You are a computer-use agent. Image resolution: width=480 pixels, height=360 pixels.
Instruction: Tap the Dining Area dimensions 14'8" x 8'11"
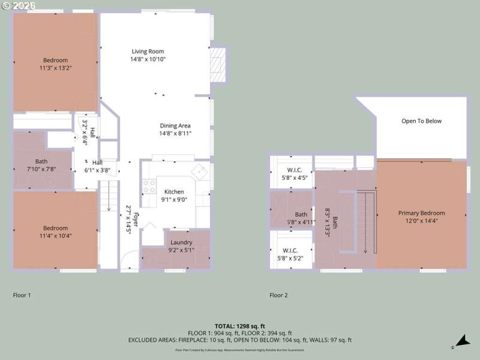pos(175,133)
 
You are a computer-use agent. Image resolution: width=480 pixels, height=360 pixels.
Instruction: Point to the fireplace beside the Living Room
pos(218,64)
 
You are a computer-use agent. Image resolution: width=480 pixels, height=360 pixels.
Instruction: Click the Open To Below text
pos(421,121)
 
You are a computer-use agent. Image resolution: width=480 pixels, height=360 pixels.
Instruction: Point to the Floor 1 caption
pos(22,295)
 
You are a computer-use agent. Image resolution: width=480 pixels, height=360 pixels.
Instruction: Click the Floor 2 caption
pos(278,295)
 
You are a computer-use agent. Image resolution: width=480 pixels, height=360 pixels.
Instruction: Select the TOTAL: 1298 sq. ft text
pos(239,326)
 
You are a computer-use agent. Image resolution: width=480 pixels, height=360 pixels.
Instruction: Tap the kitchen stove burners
pos(149,187)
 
